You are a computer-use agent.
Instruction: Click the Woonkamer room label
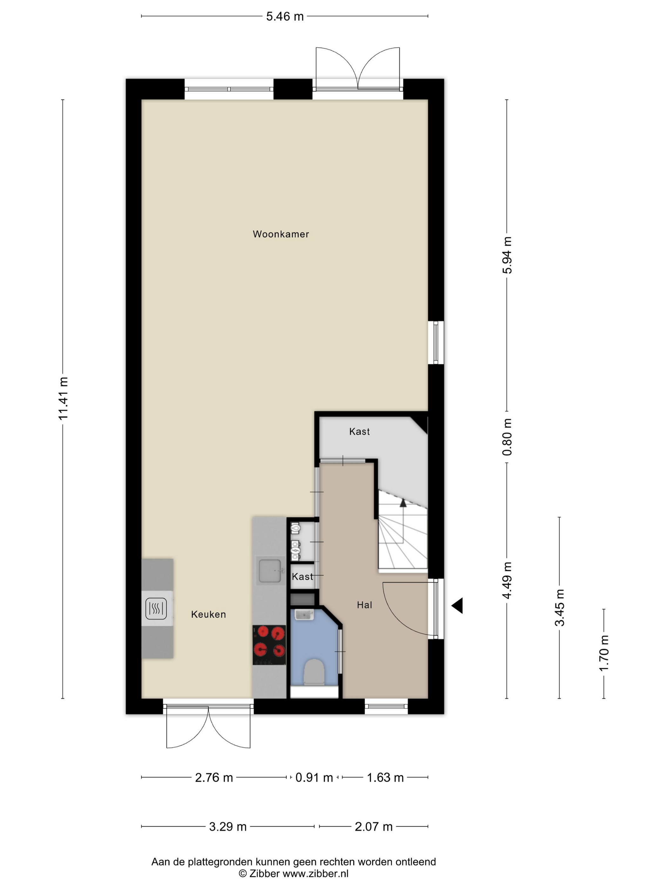coord(281,234)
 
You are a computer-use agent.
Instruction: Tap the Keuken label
coord(208,614)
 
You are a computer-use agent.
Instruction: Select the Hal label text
coord(364,605)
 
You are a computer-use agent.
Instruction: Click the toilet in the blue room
coord(314,672)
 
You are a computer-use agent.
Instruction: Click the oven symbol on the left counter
coord(156,608)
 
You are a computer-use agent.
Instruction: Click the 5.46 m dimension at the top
coord(285,17)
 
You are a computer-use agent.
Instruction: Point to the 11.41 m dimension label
coord(63,398)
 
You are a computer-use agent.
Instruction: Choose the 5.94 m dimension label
coord(507,255)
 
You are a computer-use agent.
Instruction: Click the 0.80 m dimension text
coord(507,437)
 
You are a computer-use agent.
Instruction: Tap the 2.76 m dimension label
coord(214,778)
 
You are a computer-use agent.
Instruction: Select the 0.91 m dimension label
coord(314,778)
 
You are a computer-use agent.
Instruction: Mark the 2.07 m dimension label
coord(374,827)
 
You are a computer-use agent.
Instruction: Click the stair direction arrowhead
coord(403,502)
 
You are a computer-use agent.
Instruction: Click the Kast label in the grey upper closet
coord(360,431)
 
